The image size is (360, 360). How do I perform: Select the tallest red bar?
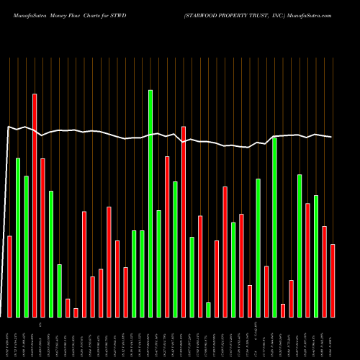(x=35, y=205)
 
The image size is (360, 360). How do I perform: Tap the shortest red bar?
(x=76, y=312)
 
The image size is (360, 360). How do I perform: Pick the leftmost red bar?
(x=9, y=276)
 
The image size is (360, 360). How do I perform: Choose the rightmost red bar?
(x=333, y=281)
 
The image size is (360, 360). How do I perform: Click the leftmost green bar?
(x=18, y=238)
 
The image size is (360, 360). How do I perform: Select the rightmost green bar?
(x=316, y=256)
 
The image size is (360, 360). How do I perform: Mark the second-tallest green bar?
(x=274, y=227)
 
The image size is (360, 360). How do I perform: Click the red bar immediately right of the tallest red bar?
(x=42, y=238)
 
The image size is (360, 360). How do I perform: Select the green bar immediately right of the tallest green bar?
(x=158, y=264)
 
